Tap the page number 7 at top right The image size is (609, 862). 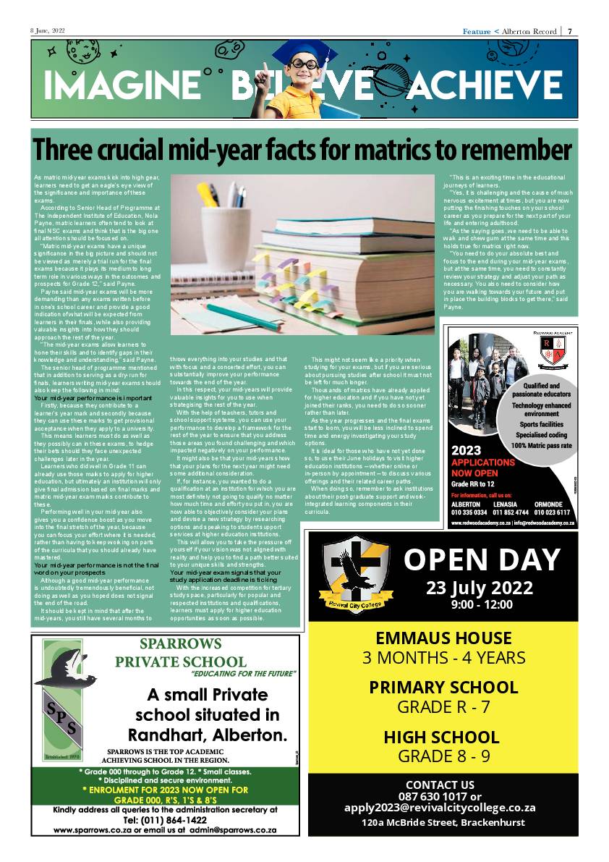pyautogui.click(x=570, y=31)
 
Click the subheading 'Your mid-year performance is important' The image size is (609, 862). pyautogui.click(x=93, y=398)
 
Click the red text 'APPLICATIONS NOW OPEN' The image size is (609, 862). pyautogui.click(x=482, y=468)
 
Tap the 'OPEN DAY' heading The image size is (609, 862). pyautogui.click(x=482, y=559)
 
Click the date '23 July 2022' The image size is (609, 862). pyautogui.click(x=480, y=588)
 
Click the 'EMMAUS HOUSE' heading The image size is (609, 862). pyautogui.click(x=443, y=638)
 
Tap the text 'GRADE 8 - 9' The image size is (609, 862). pyautogui.click(x=443, y=756)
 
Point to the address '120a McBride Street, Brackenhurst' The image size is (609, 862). pyautogui.click(x=443, y=822)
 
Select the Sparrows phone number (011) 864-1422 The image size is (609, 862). pyautogui.click(x=165, y=820)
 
